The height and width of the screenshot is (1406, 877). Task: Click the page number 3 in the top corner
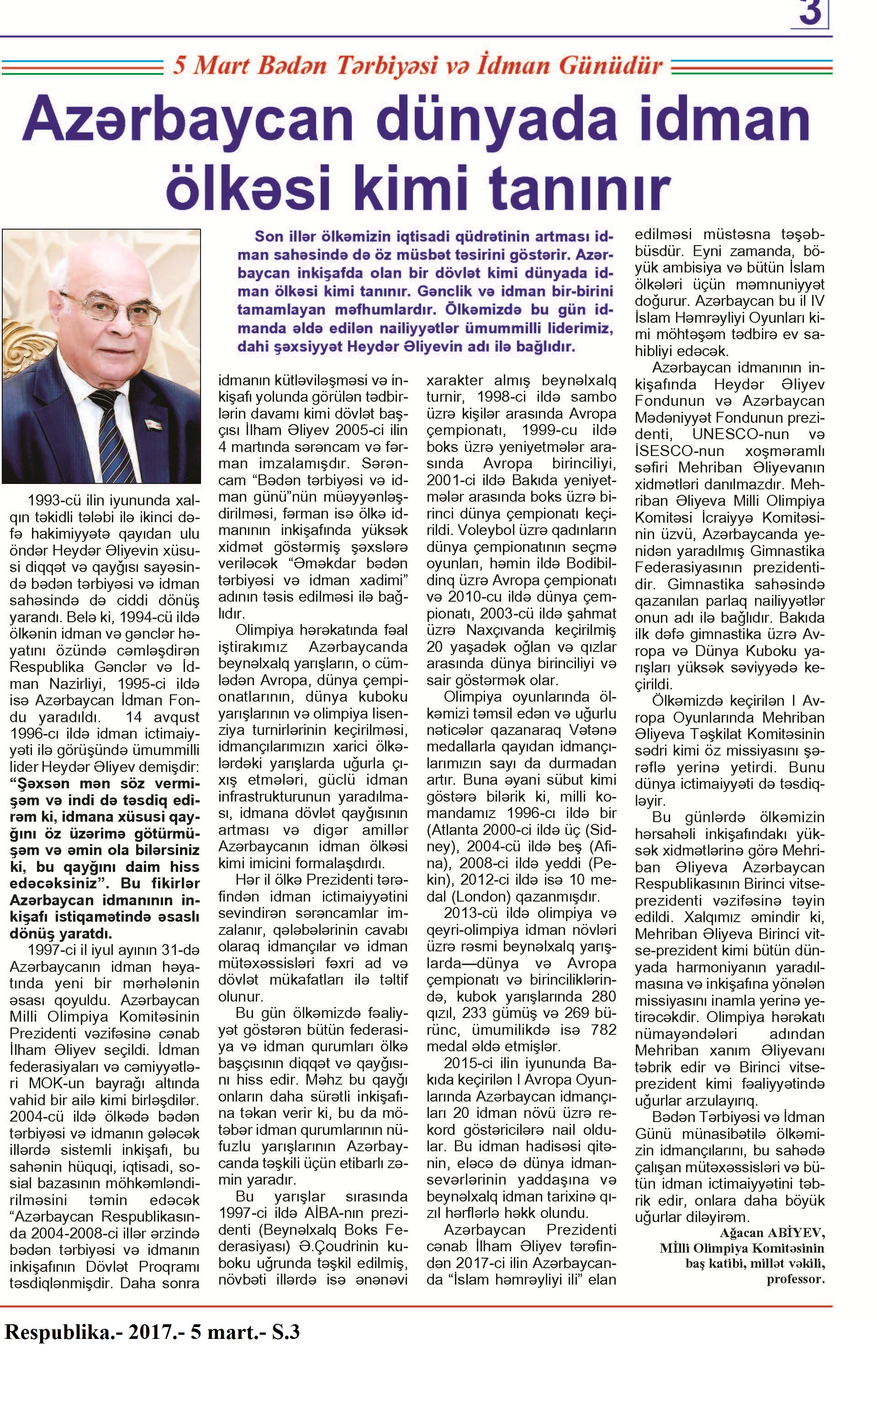click(810, 13)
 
